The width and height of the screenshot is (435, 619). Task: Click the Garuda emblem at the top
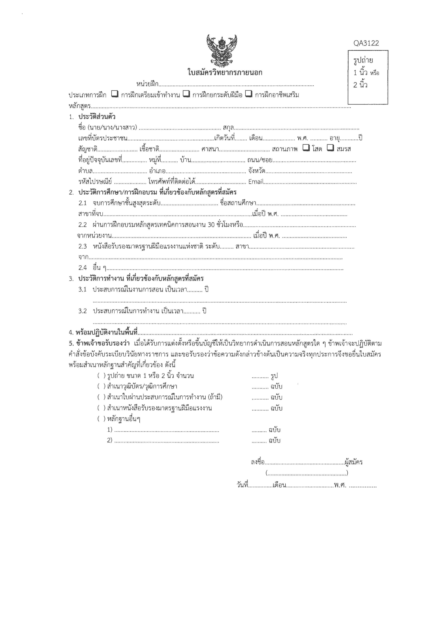222,51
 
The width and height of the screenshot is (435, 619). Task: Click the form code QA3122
366,43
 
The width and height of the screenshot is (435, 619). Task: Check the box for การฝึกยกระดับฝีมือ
186,94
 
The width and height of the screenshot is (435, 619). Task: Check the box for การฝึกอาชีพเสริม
249,94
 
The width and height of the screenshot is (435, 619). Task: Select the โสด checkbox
306,148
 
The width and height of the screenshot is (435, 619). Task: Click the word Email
256,182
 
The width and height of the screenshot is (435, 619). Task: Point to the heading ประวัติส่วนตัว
97,117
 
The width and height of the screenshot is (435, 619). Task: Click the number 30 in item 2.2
211,225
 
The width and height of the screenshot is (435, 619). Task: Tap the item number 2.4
82,268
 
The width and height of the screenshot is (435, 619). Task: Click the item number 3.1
82,289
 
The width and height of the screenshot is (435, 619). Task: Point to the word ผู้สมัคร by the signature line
354,462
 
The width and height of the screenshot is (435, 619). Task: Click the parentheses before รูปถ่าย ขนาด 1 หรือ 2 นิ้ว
101,376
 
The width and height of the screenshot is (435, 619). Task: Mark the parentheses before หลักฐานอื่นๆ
101,419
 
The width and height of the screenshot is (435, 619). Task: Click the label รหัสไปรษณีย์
95,182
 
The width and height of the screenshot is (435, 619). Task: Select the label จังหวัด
257,171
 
